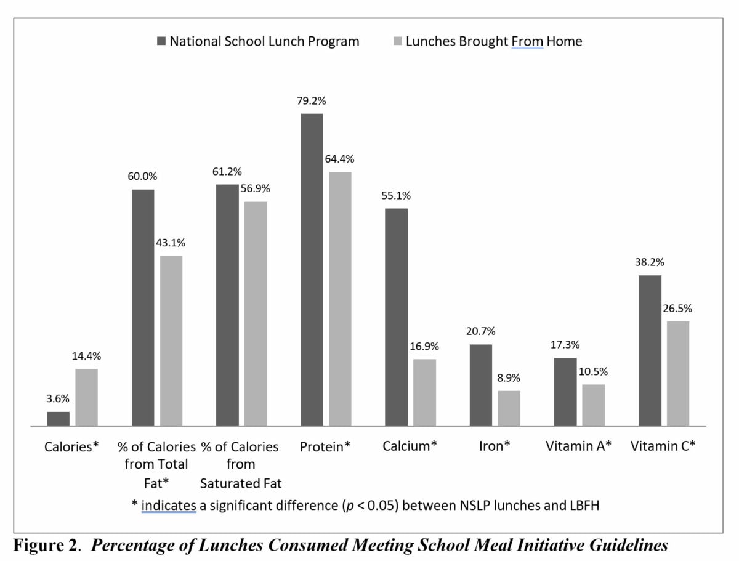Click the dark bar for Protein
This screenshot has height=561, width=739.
pyautogui.click(x=312, y=270)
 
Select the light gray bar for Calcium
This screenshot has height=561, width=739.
pyautogui.click(x=424, y=392)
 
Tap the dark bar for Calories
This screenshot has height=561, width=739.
pyautogui.click(x=59, y=419)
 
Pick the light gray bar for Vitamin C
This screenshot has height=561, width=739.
pyautogui.click(x=678, y=373)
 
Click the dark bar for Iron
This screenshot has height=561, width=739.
pyautogui.click(x=481, y=385)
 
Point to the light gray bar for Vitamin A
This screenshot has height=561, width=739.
pyautogui.click(x=594, y=405)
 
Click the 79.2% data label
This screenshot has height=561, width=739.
pyautogui.click(x=312, y=101)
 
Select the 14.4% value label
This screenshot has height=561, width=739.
pyautogui.click(x=86, y=356)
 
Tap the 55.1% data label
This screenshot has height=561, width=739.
pyautogui.click(x=396, y=196)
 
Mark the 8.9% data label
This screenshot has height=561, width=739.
pyautogui.click(x=509, y=377)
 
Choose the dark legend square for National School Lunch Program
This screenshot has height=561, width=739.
pyautogui.click(x=161, y=41)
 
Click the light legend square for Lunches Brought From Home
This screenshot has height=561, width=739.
pyautogui.click(x=397, y=41)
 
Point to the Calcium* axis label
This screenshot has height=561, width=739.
pyautogui.click(x=410, y=446)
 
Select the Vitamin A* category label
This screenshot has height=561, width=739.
pyautogui.click(x=578, y=446)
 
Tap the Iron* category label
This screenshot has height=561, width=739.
pyautogui.click(x=494, y=446)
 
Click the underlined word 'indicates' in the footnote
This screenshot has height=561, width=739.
pyautogui.click(x=169, y=505)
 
